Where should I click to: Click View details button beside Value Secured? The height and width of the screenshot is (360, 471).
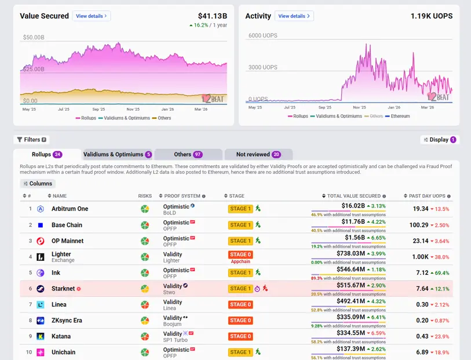point(92,16)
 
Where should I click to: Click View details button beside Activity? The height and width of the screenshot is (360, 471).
point(294,16)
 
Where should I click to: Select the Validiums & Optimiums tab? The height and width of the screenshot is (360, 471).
point(118,154)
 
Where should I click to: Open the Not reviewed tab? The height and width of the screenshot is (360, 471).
point(258,154)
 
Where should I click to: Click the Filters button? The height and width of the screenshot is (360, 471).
point(32,140)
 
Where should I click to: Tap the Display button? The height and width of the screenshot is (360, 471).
point(439,140)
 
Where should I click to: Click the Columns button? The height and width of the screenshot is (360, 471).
point(38,184)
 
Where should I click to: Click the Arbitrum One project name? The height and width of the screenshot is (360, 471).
point(70,209)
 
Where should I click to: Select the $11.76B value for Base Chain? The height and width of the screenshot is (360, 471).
point(353,221)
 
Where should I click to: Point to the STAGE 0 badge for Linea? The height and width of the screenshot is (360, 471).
point(240,304)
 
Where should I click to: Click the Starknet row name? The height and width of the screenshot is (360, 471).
point(63,288)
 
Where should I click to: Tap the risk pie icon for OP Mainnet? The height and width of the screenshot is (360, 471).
point(145,241)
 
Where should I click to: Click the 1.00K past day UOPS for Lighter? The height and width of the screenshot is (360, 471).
point(420,257)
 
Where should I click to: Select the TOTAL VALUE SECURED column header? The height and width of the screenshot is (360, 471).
point(353,196)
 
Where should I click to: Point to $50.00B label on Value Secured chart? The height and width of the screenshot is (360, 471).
point(33,38)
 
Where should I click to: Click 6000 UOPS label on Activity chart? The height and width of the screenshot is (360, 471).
point(262,36)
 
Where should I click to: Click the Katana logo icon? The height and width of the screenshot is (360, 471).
point(41,336)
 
